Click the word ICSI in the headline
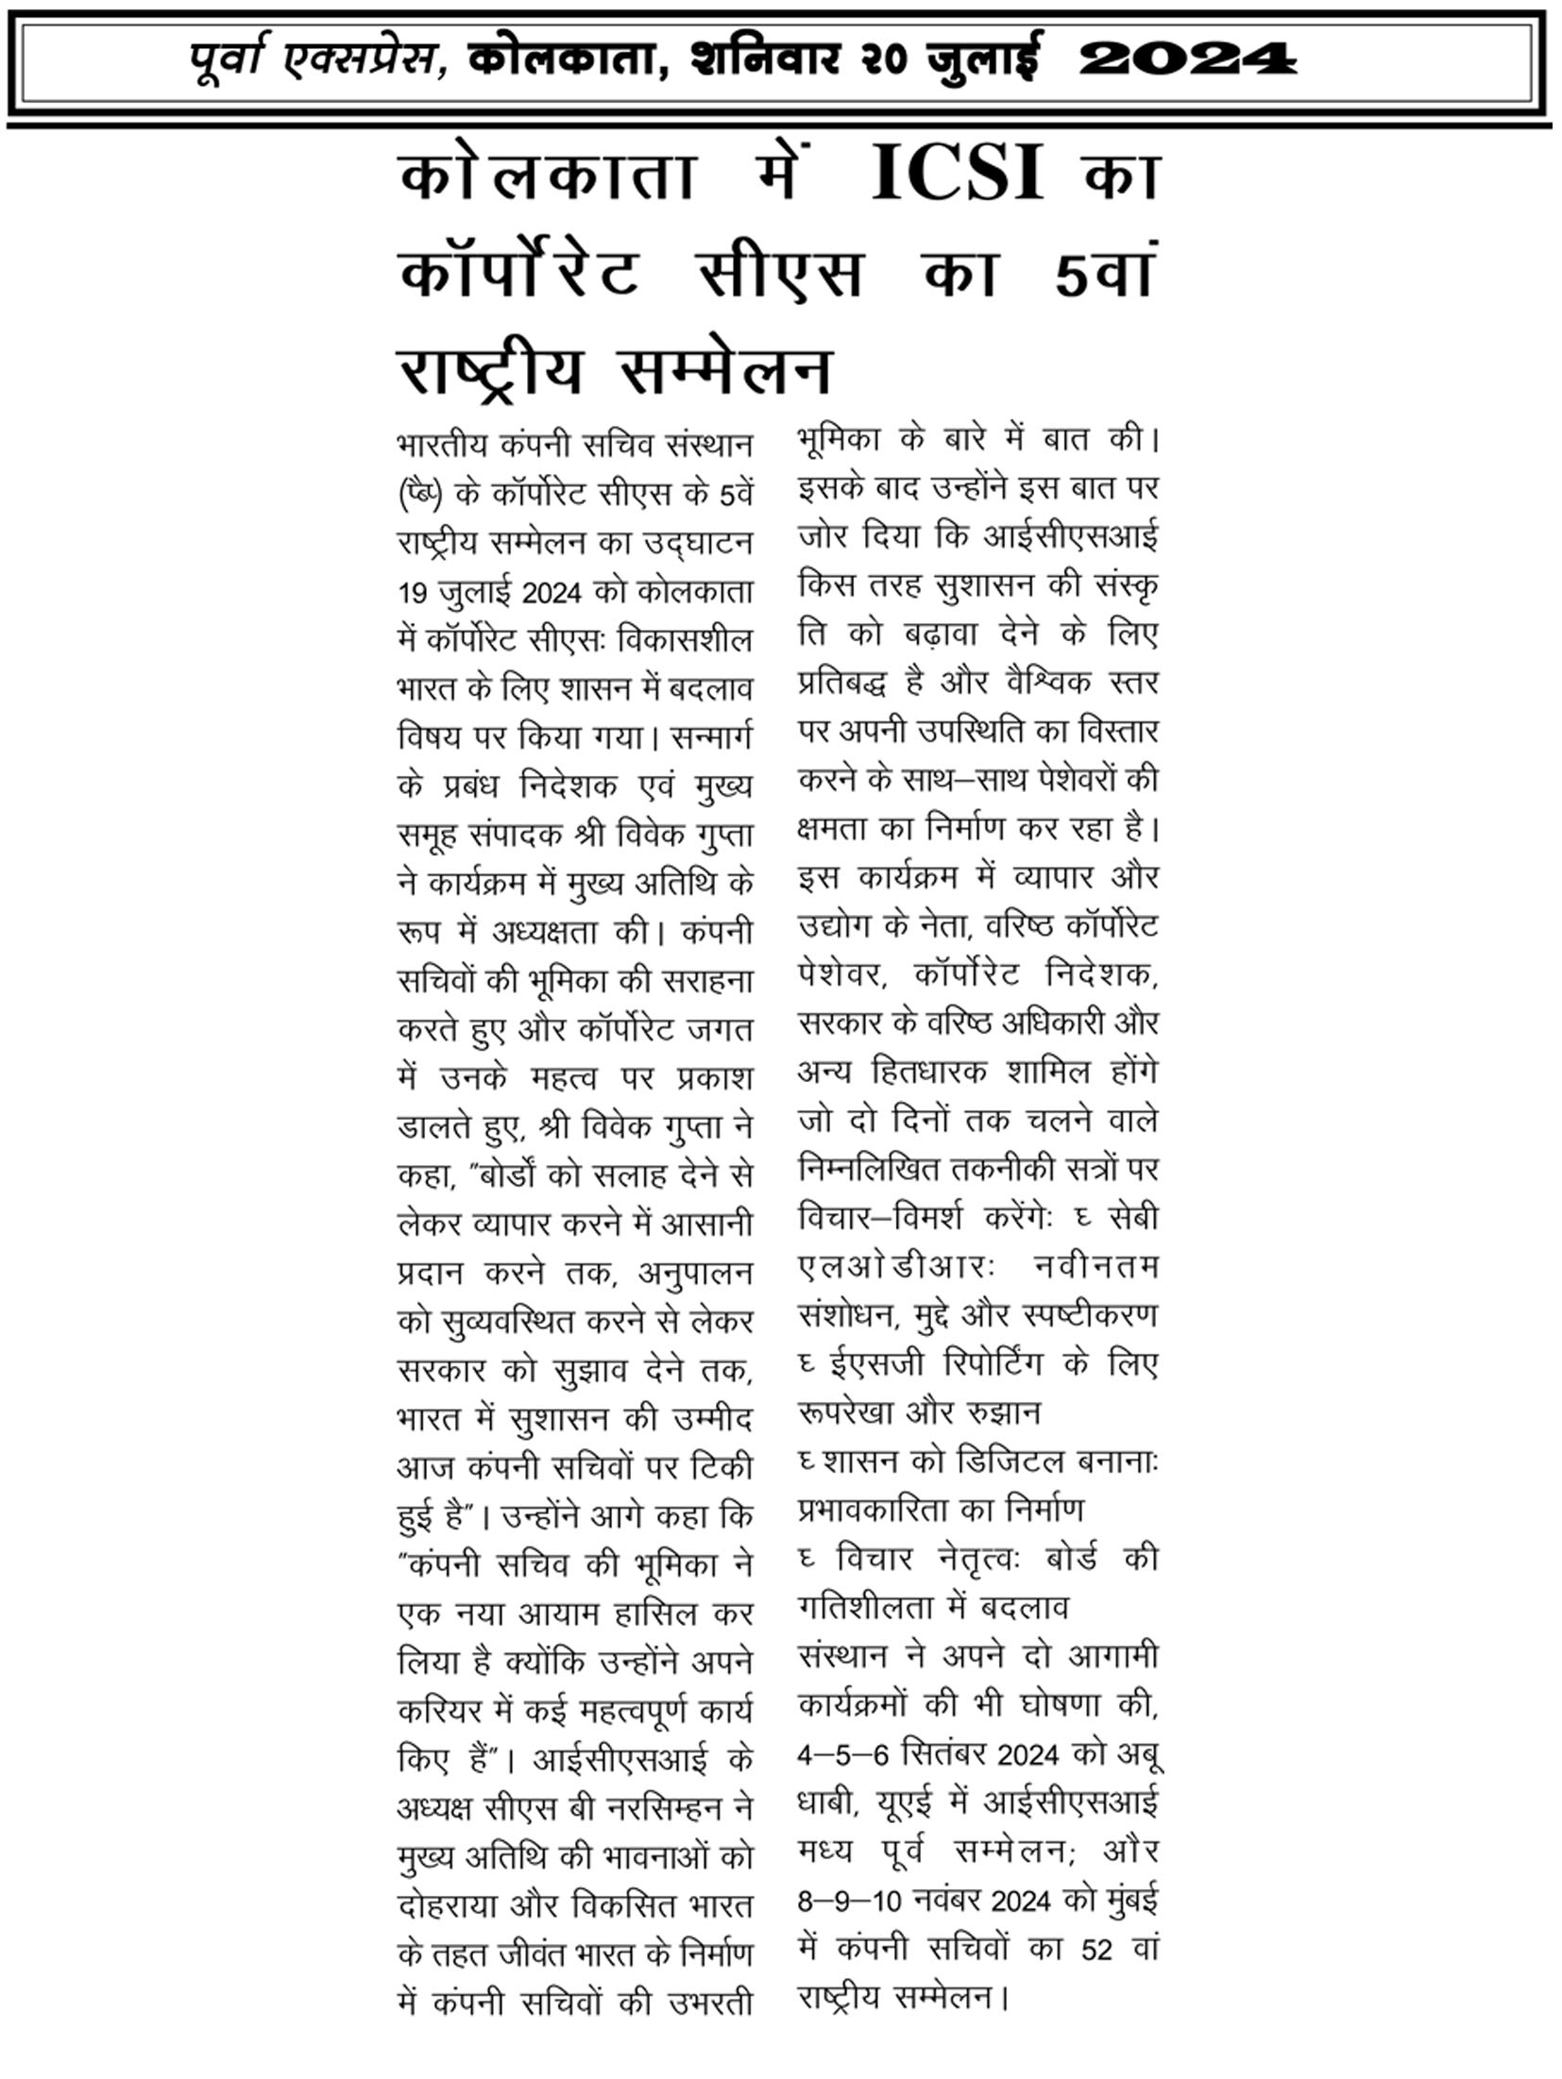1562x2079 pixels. tap(957, 174)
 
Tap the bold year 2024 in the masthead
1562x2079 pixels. tap(1187, 60)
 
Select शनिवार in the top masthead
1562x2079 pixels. tap(765, 60)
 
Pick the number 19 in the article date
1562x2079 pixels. tap(413, 593)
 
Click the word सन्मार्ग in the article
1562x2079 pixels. tap(709, 737)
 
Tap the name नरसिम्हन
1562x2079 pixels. tap(670, 1808)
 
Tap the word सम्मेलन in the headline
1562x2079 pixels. tap(725, 370)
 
